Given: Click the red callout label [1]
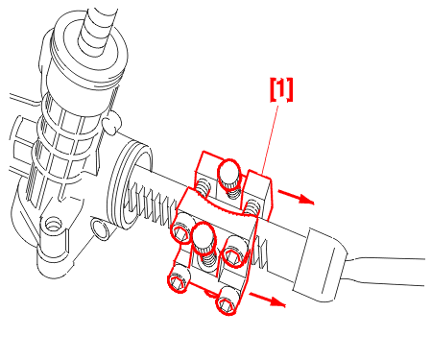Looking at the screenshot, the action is point(281,89).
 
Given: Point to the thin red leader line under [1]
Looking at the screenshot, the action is point(270,139).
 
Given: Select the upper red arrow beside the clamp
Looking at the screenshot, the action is point(296,197).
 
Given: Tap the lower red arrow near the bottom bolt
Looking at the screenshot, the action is point(267,300).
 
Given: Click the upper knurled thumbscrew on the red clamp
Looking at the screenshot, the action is point(229,175).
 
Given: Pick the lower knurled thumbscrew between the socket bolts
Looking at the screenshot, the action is point(204,237).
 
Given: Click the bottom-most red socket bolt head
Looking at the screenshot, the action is point(228,300).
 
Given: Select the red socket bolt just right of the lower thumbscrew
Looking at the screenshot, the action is point(235,252).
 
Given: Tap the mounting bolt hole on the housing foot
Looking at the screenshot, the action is point(53,224).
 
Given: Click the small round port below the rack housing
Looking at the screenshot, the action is point(100,228).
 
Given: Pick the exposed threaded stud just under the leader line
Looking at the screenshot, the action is point(252,207).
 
